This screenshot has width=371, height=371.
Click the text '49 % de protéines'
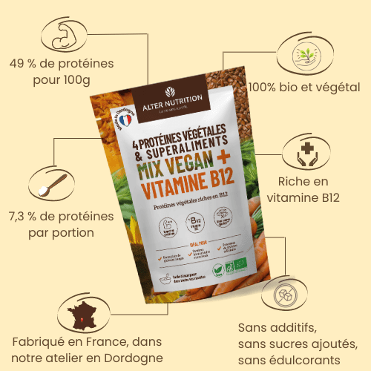pyautogui.click(x=62, y=64)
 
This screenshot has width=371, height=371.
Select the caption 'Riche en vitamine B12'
pyautogui.click(x=308, y=189)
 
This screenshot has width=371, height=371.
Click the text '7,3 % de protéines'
pyautogui.click(x=62, y=217)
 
